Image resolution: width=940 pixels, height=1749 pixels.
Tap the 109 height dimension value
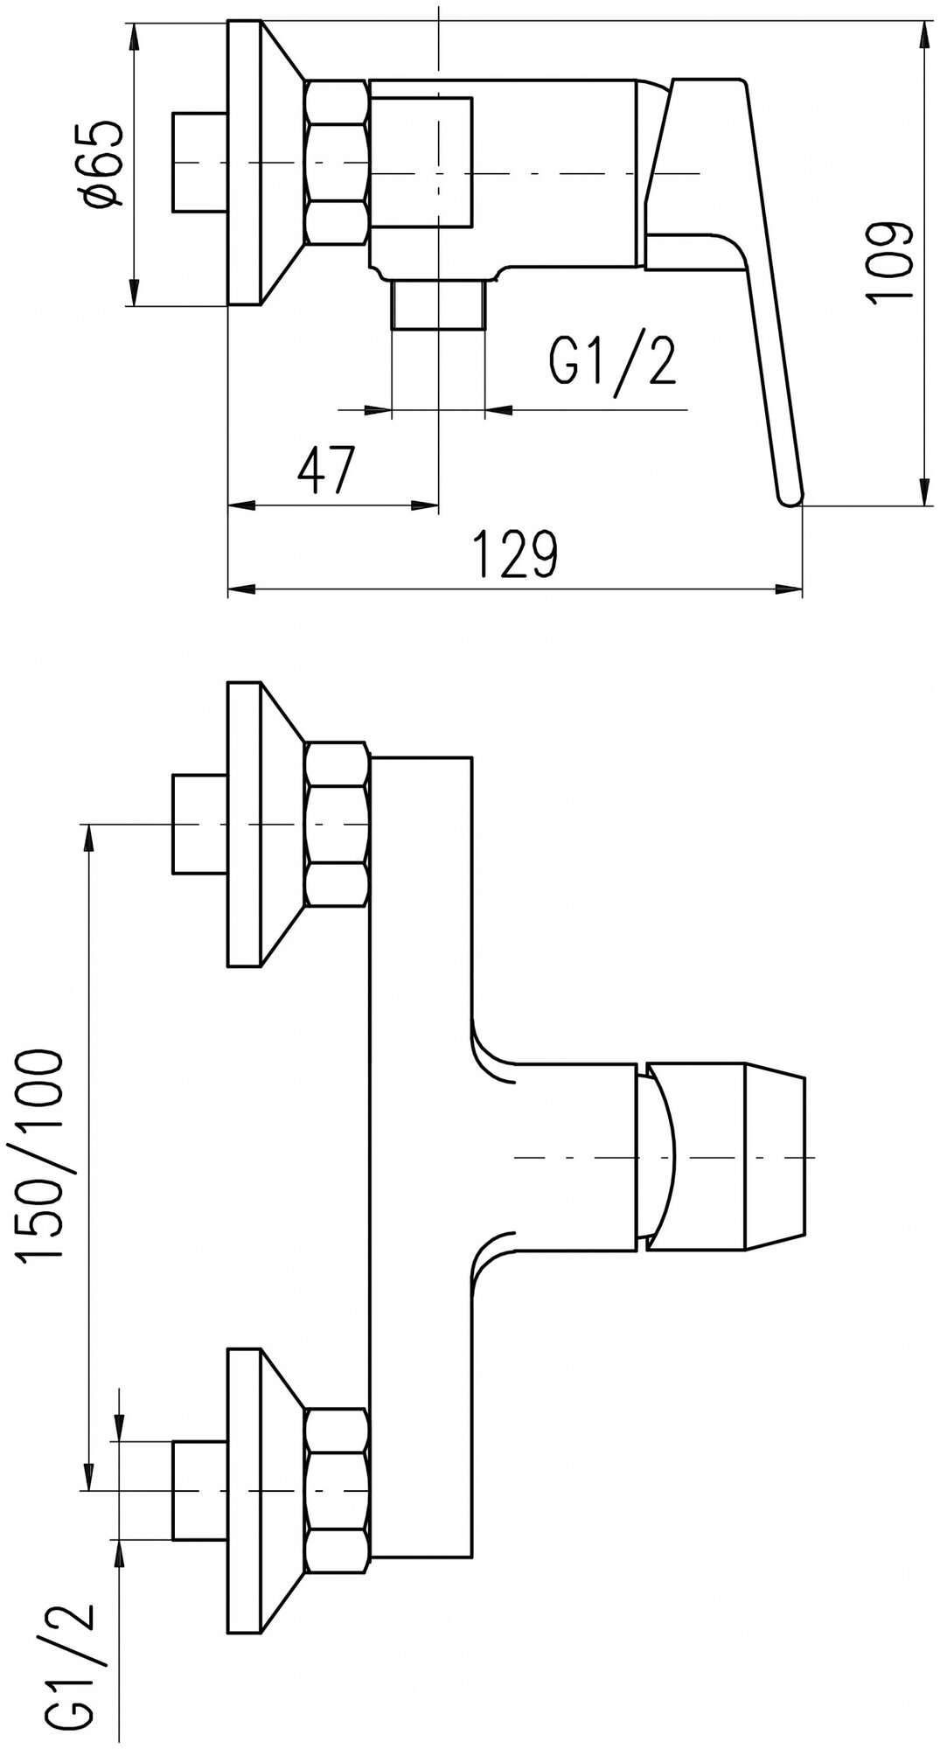point(890,262)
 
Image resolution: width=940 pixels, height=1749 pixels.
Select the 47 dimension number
point(327,472)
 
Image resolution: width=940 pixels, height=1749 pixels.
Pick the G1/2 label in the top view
point(612,361)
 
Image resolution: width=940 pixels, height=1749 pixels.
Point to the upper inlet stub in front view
point(199,824)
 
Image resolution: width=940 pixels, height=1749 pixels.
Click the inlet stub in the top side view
point(199,163)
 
